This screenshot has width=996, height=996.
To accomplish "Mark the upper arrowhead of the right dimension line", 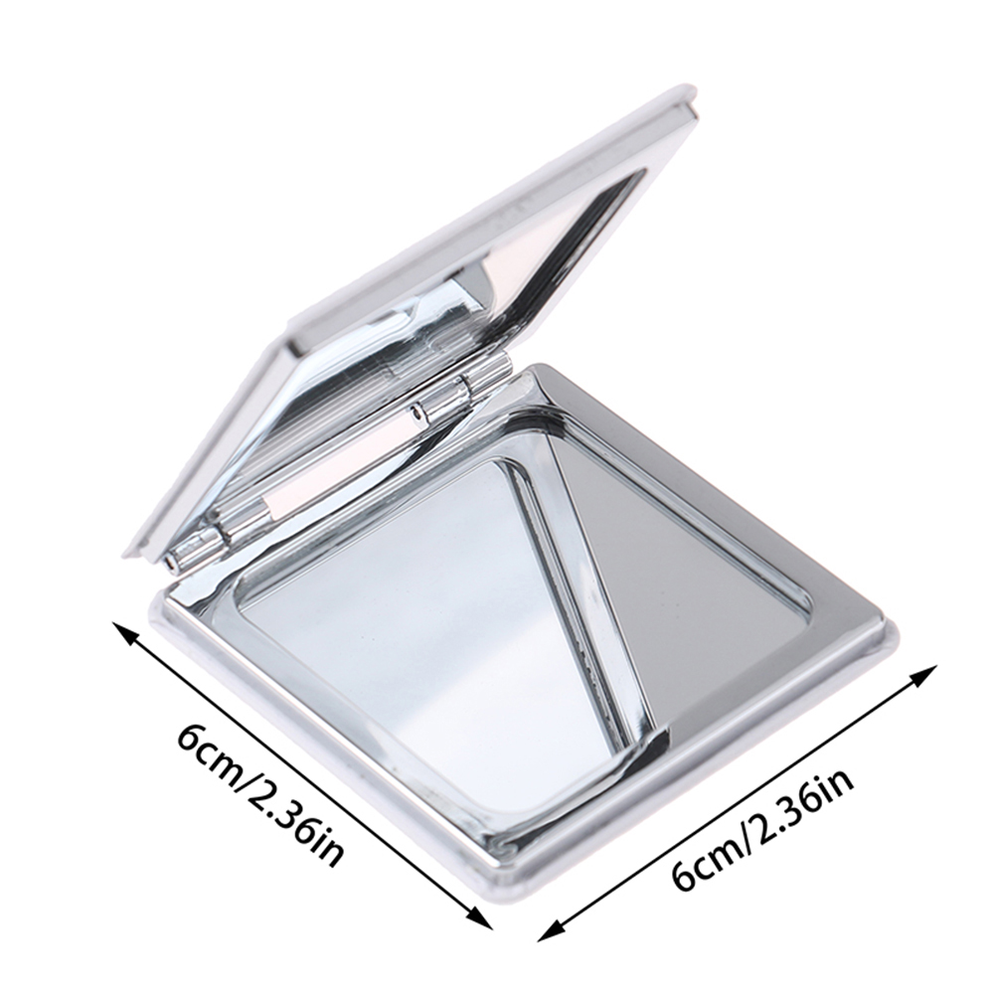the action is click(x=925, y=673).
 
